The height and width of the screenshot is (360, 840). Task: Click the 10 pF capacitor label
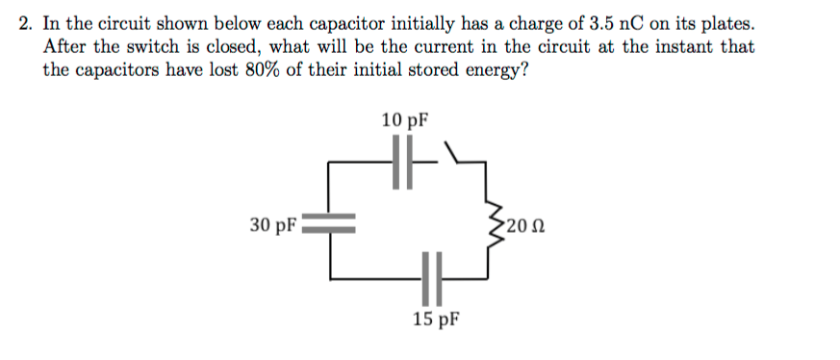(405, 120)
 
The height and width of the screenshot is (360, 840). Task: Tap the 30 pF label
(271, 224)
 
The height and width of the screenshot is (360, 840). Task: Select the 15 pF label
(436, 319)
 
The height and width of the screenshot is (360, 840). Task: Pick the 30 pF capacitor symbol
(331, 223)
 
